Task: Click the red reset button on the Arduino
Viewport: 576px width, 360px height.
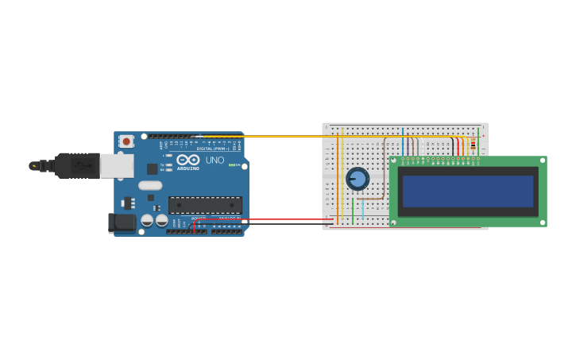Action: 126,141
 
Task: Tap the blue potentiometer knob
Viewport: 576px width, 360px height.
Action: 358,179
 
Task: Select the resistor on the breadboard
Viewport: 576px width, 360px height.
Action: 474,145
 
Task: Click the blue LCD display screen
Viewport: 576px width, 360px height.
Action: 467,192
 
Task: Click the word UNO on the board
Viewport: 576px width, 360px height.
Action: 215,160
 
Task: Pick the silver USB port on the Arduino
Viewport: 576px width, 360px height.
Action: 117,166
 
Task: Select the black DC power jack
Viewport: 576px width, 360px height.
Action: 122,223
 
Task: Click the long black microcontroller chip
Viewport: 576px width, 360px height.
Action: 205,205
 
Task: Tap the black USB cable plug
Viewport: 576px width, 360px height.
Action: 78,165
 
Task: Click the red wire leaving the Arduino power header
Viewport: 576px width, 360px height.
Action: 262,219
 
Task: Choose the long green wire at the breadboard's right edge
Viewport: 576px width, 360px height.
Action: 478,143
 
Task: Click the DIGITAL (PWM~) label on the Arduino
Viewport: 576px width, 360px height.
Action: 212,149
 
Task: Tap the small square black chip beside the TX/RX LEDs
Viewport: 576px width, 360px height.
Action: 152,168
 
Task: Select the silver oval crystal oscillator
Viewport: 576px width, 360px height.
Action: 149,185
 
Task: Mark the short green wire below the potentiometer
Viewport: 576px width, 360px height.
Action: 353,211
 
